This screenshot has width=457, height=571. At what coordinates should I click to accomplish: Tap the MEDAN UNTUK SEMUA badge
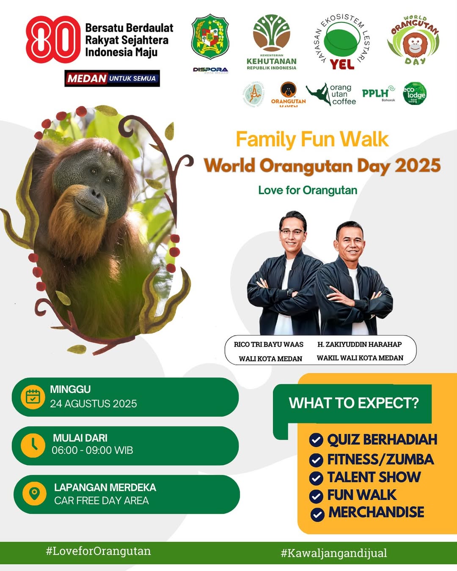click(112, 78)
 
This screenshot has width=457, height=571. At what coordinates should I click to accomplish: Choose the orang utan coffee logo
click(332, 94)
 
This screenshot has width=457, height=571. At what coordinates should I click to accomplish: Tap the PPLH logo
click(378, 93)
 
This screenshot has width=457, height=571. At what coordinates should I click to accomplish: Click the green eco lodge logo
click(415, 93)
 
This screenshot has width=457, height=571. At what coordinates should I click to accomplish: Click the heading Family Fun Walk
click(312, 139)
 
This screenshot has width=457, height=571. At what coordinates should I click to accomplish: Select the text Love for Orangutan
click(308, 190)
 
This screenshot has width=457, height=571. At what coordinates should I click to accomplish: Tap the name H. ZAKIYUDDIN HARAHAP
click(360, 344)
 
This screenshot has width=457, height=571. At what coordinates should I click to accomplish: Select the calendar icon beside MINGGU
click(33, 397)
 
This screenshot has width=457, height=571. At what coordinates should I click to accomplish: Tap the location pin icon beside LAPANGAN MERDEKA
click(34, 494)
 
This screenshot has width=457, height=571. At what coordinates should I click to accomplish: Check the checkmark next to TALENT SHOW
click(316, 478)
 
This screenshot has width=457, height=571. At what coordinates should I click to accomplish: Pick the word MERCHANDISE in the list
click(376, 512)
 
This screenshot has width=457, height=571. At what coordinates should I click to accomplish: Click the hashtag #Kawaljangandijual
click(334, 553)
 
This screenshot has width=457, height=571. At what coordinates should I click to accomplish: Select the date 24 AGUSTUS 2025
click(94, 404)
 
